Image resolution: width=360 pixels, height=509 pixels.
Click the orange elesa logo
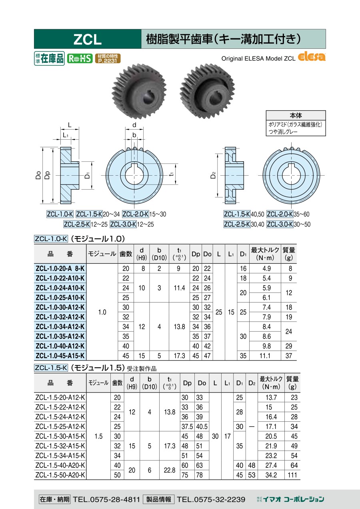[311, 57]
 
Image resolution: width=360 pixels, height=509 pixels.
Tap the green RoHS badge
[80, 58]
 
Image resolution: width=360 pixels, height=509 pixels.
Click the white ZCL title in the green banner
[88, 39]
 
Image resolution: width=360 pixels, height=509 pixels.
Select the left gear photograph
[139, 91]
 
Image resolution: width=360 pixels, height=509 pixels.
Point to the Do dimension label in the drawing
[38, 175]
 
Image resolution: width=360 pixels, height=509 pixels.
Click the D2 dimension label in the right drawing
[213, 175]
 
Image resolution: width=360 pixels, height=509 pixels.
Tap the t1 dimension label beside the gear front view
[172, 174]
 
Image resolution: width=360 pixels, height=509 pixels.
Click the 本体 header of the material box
[296, 115]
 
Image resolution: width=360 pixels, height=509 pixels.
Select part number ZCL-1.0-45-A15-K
[60, 356]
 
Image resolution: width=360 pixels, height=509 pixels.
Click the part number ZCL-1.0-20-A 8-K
[60, 269]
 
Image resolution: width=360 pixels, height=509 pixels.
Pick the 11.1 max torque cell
[265, 356]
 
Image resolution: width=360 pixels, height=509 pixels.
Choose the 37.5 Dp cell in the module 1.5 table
[187, 427]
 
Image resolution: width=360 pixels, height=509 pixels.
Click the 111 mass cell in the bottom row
[292, 475]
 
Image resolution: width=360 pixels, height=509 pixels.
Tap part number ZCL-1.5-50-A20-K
[60, 475]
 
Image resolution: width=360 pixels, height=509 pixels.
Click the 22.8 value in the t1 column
[170, 470]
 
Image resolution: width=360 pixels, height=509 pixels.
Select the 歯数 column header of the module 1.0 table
[126, 254]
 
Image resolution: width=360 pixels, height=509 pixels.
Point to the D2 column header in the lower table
[252, 383]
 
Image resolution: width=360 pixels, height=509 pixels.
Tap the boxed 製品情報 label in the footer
[158, 499]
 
